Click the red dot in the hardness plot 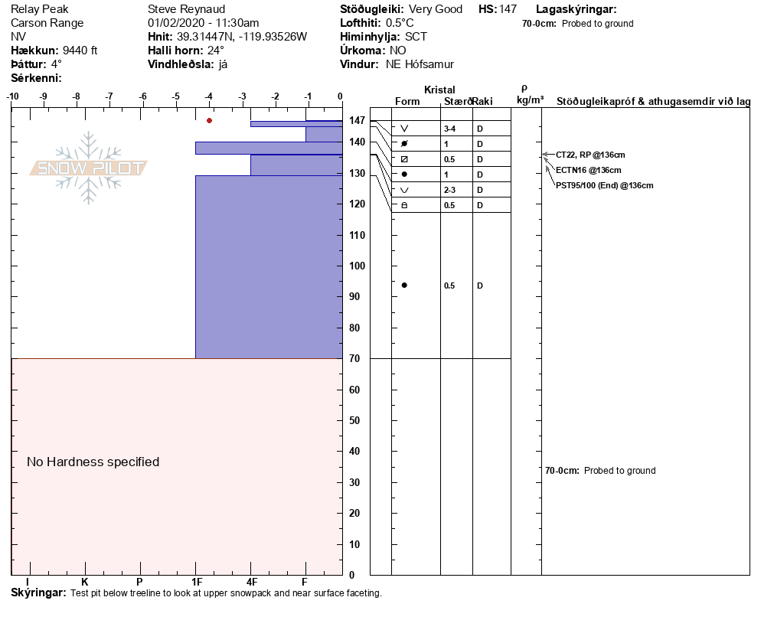click(x=209, y=120)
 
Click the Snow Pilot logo click(x=89, y=168)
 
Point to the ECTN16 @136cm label click(x=588, y=170)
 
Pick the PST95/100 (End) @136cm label click(x=604, y=185)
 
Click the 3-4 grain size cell click(x=449, y=129)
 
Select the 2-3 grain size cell click(x=449, y=190)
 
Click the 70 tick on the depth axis click(x=354, y=358)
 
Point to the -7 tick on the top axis click(x=109, y=96)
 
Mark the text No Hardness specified click(x=93, y=462)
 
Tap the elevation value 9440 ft click(x=80, y=51)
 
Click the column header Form click(x=407, y=102)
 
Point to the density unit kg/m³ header click(x=530, y=100)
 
